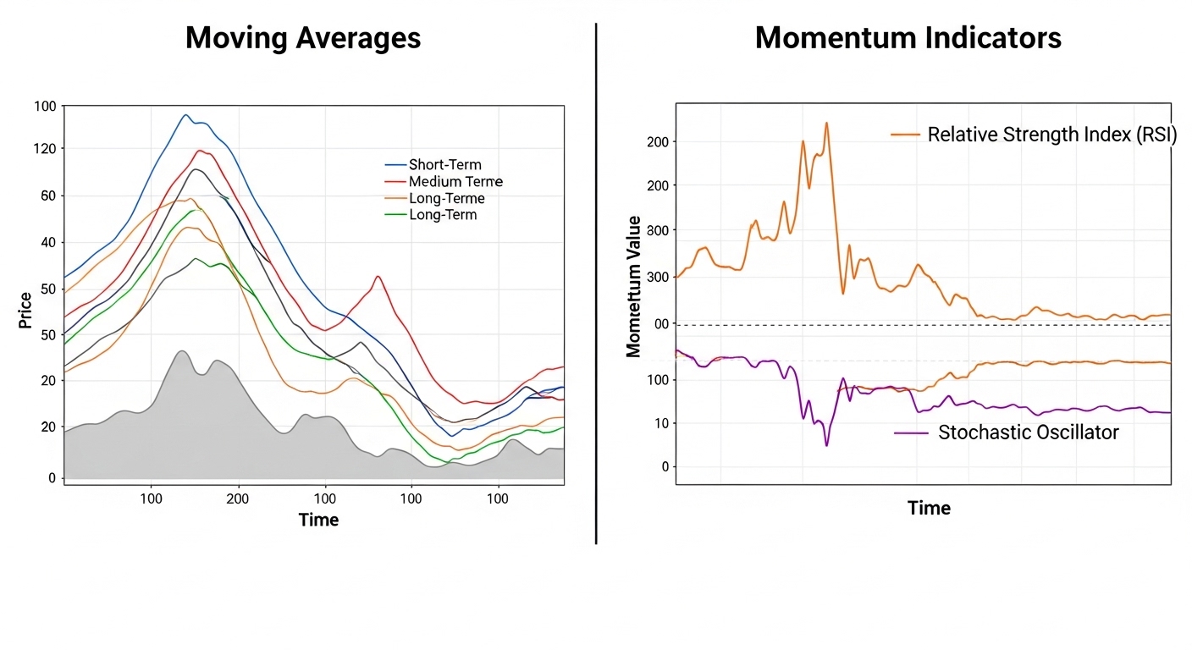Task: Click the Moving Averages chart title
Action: pos(303,38)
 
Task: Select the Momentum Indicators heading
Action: pos(908,38)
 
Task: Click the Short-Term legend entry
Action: pos(444,165)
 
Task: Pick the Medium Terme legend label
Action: pos(455,182)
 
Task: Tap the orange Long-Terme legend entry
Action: pos(446,199)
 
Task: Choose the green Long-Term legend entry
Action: pos(442,215)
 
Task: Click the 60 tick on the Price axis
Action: pos(47,196)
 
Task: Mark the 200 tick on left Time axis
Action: pos(238,499)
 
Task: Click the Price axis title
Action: pos(25,310)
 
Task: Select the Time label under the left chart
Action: pos(318,520)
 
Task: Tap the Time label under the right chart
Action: pos(929,508)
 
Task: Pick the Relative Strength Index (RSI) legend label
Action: pos(1051,135)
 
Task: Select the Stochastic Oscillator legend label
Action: pos(1028,432)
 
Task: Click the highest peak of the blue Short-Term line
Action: pos(186,114)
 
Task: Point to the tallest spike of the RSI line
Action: pos(826,123)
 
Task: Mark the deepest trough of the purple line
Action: pos(826,445)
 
